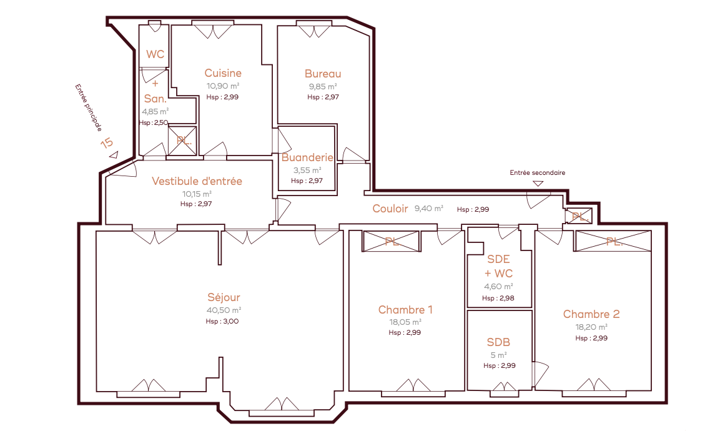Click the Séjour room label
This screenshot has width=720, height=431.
224,297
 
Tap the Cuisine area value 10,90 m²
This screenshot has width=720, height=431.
223,86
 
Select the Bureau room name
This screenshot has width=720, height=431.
323,74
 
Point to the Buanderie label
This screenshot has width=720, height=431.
307,157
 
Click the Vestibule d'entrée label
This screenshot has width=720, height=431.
197,181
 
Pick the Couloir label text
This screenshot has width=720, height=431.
390,209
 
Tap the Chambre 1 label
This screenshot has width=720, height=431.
405,310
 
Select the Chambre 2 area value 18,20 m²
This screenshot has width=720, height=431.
591,327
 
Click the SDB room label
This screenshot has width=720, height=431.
499,342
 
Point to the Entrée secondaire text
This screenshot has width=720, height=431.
537,173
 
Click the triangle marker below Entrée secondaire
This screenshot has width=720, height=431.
538,184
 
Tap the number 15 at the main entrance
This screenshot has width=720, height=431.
107,143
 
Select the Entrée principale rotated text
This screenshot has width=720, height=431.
88,107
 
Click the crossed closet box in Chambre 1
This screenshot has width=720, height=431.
392,241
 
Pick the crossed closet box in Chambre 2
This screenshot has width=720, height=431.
613,241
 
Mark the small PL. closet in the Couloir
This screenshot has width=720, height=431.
579,216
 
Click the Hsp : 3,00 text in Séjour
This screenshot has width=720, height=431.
222,321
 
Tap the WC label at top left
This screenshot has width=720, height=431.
155,54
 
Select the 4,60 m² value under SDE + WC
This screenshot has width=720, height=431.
498,286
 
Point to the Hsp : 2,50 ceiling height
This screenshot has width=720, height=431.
154,122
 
